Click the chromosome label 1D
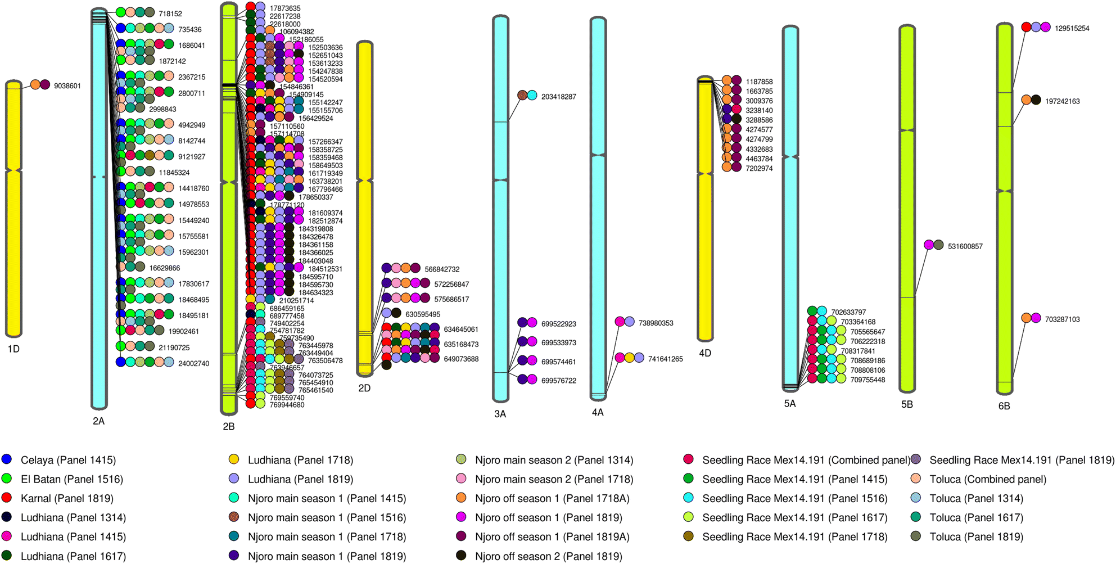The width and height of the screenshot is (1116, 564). click(13, 349)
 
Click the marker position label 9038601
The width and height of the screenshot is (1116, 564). click(67, 86)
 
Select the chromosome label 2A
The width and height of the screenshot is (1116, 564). click(98, 421)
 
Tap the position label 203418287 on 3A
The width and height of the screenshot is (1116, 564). click(558, 97)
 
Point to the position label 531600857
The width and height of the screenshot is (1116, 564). click(965, 246)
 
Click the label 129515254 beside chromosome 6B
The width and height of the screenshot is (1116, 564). click(1072, 28)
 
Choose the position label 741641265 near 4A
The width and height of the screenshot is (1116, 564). click(665, 359)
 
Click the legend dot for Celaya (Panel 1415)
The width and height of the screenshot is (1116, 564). click(7, 459)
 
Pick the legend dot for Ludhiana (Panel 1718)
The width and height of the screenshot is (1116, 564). click(234, 459)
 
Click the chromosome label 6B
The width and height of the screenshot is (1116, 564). click(1004, 406)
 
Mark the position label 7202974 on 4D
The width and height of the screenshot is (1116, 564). click(759, 168)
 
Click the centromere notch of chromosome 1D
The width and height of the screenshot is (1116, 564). click(13, 169)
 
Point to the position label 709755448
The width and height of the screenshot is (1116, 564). click(868, 380)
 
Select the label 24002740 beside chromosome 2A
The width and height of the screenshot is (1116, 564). click(193, 363)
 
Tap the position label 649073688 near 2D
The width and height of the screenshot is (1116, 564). click(461, 359)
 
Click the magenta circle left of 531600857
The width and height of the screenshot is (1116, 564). click(929, 245)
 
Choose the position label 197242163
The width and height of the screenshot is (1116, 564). click(1062, 101)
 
